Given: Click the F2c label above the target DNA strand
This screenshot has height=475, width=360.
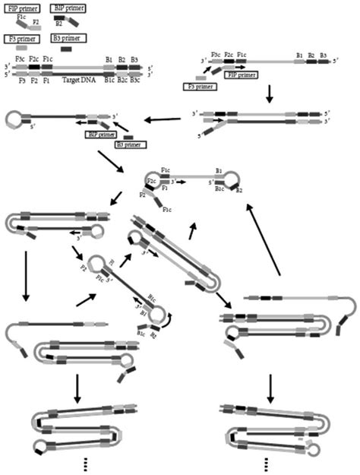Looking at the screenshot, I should pyautogui.click(x=33, y=58).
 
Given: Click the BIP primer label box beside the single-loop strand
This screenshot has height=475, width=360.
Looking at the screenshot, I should pyautogui.click(x=100, y=134).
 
